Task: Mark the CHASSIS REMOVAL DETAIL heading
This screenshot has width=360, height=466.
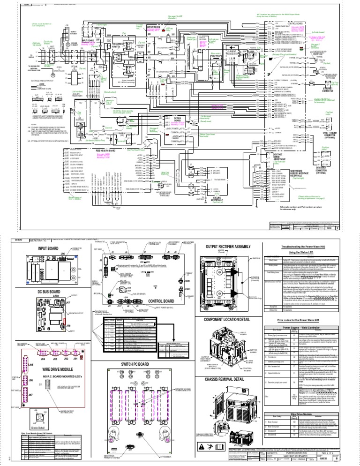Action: coord(227,378)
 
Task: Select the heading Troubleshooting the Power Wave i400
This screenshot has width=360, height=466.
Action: coord(302,246)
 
